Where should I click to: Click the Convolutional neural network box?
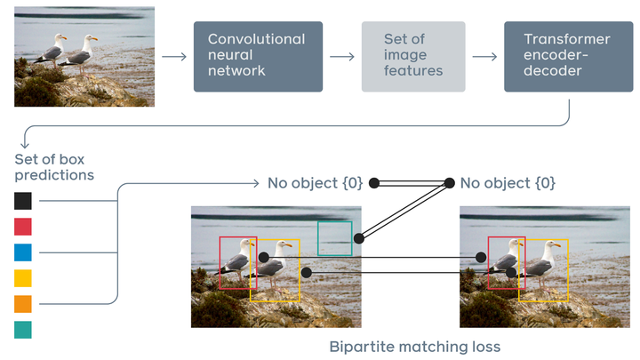click(258, 56)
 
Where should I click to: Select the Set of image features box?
click(412, 56)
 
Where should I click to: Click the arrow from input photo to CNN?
click(174, 57)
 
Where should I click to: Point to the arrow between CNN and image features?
click(341, 57)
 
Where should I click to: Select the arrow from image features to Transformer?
click(484, 57)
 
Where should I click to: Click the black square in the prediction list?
click(23, 201)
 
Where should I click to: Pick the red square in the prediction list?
click(23, 227)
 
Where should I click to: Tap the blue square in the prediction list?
click(23, 252)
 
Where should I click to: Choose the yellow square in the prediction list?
click(23, 278)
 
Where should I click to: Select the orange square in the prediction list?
click(23, 304)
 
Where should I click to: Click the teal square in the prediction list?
click(23, 330)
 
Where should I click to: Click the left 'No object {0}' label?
click(315, 183)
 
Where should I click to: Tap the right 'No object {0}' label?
click(508, 183)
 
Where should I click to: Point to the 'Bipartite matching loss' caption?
click(414, 346)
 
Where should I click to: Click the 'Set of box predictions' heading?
click(54, 167)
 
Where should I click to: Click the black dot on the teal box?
click(358, 239)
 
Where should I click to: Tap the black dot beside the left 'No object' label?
click(374, 183)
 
